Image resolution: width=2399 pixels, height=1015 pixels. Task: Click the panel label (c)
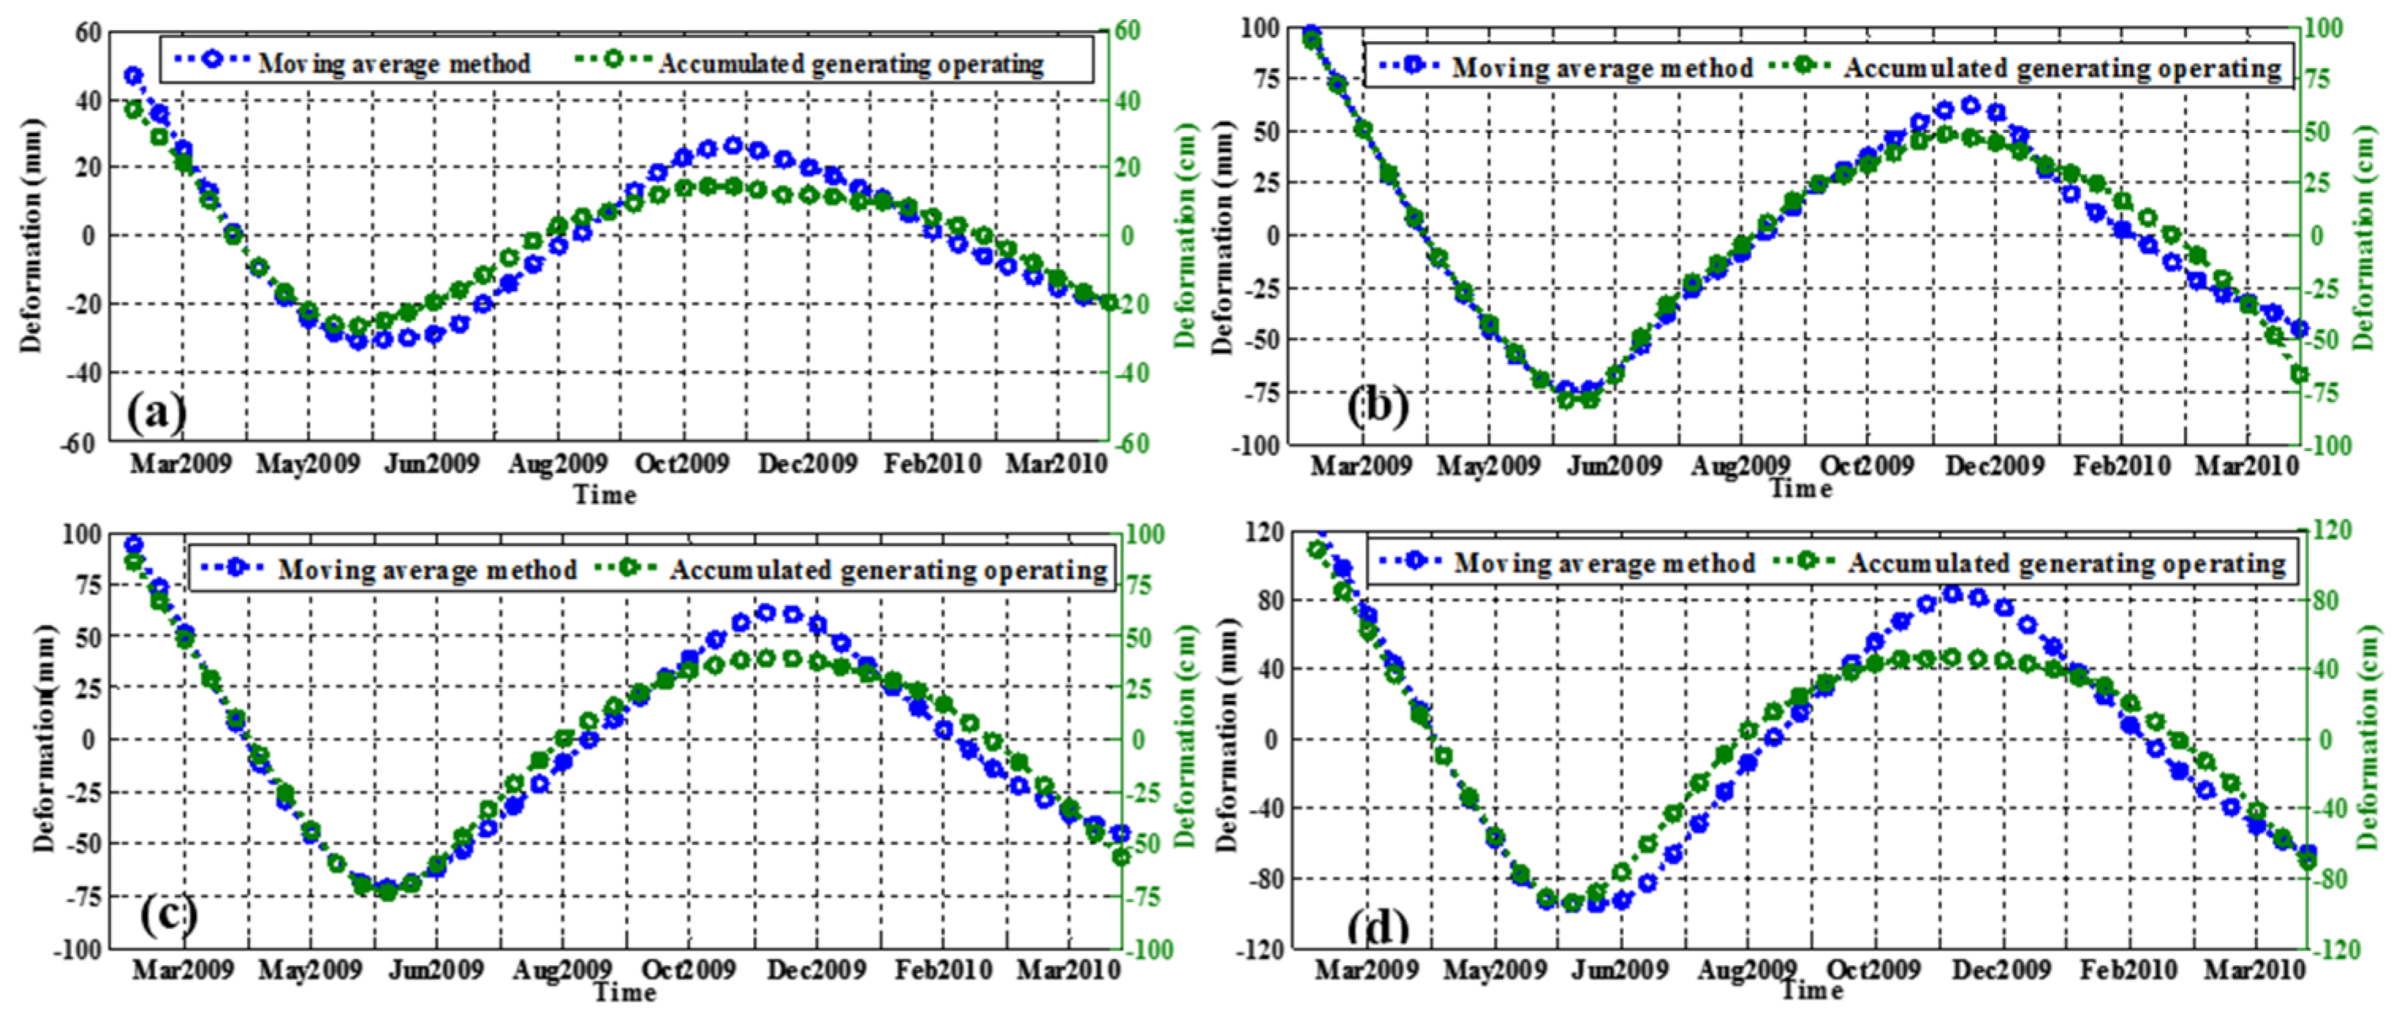pos(168,915)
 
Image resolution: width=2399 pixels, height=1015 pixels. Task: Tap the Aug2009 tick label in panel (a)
pos(557,463)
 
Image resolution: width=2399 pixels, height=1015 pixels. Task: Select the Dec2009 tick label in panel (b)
pos(1994,466)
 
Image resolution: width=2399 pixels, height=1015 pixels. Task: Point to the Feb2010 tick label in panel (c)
pos(944,969)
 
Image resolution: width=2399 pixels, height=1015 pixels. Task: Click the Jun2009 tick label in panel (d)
pos(1621,969)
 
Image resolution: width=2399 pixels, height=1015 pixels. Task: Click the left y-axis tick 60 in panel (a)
pos(85,32)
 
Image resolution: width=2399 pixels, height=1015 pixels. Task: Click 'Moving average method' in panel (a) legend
pos(394,63)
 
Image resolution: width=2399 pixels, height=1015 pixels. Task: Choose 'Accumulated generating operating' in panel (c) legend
pos(888,569)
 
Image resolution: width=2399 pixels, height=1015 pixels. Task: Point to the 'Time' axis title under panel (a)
pos(605,494)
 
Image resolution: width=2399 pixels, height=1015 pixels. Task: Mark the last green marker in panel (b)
pos(2299,374)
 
